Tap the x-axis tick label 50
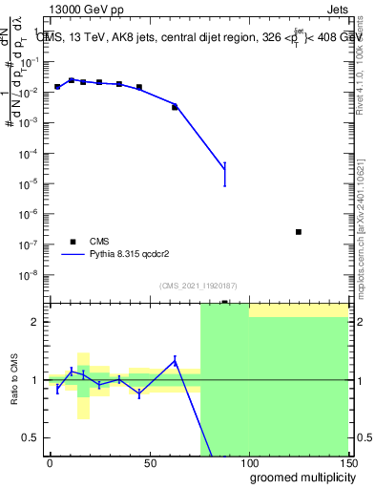[x=149, y=463]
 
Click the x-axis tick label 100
[x=248, y=463]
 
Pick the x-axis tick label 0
[x=50, y=463]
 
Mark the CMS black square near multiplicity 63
[x=175, y=107]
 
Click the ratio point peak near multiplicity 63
[x=175, y=360]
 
